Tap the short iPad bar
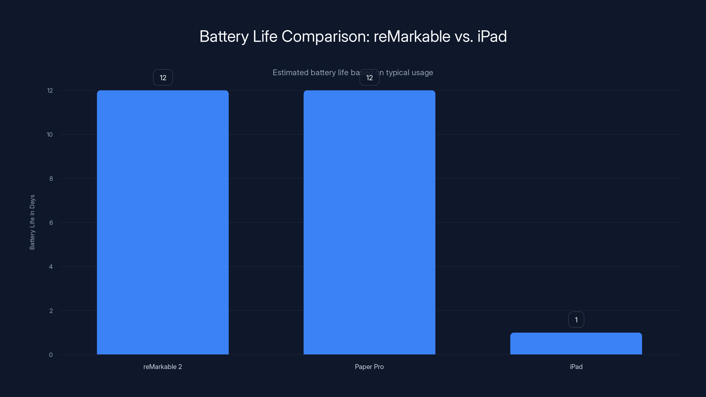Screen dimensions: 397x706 [x=576, y=343]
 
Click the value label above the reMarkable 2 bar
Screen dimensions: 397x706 [x=163, y=78]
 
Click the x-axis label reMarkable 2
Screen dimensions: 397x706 [x=163, y=367]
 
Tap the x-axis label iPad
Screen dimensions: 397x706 [x=576, y=367]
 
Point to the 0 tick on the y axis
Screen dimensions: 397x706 [x=51, y=355]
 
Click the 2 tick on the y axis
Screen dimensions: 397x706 [x=51, y=311]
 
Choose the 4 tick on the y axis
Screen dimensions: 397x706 [x=51, y=267]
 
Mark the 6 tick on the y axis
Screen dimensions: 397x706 [x=51, y=223]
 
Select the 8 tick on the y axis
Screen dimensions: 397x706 [x=51, y=179]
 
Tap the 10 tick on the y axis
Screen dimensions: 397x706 [x=50, y=135]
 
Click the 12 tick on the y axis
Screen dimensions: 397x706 [x=50, y=90]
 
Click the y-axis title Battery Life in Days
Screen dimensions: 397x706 [x=32, y=222]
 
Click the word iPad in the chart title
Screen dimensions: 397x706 [x=492, y=36]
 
